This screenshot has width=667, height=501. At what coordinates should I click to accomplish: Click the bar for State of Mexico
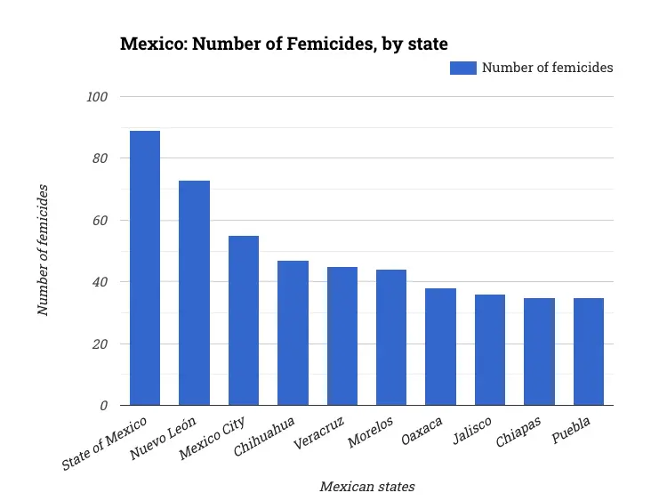[x=145, y=268]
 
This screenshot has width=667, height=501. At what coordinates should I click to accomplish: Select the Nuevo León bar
[x=194, y=293]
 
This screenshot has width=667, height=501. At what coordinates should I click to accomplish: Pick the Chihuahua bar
[x=293, y=333]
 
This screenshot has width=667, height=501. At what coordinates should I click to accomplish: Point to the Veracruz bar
[x=342, y=336]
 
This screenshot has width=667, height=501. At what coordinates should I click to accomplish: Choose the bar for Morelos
[x=391, y=337]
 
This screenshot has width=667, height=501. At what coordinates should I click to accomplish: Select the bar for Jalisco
[x=490, y=350]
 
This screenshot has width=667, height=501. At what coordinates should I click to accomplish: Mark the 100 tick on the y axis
[x=97, y=97]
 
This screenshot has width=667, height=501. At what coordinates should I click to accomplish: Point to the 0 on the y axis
[x=104, y=406]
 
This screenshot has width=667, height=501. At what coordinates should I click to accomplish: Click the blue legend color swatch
[x=462, y=68]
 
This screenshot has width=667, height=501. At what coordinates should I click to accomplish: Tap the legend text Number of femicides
[x=547, y=68]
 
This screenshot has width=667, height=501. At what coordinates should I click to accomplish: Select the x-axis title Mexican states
[x=366, y=487]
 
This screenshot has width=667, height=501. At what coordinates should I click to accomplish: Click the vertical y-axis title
[x=43, y=251]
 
